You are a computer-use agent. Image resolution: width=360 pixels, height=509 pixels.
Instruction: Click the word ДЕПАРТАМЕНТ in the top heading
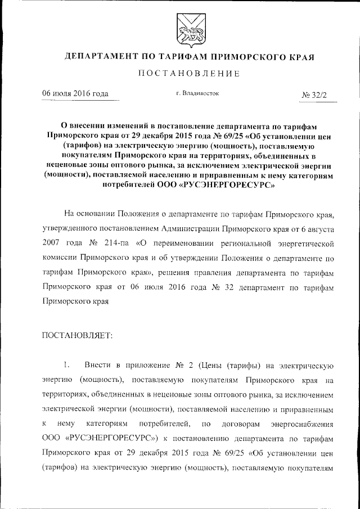[x=99, y=57]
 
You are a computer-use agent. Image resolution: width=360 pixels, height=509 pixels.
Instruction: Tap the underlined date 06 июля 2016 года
[x=75, y=93]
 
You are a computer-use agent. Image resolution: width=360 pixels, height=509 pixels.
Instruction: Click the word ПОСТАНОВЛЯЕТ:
[x=78, y=335]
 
